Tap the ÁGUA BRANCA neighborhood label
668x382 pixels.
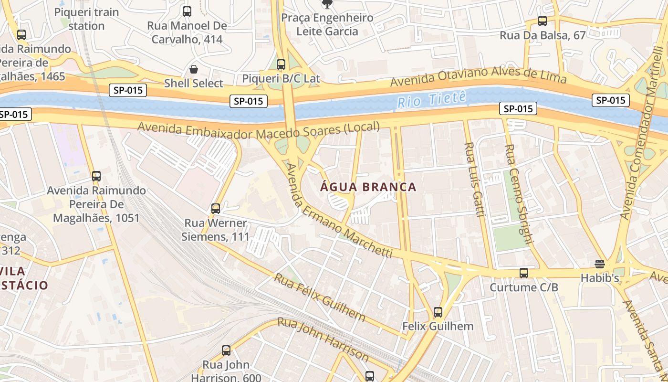(368, 187)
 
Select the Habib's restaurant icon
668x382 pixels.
(600, 264)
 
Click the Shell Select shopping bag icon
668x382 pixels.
(194, 69)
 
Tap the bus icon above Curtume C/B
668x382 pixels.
(524, 273)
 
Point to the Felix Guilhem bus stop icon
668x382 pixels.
(438, 312)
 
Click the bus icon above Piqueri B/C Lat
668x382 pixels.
(281, 64)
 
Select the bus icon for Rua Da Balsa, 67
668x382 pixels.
(543, 21)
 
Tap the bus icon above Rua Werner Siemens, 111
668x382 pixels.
(216, 209)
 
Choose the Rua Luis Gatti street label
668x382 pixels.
(475, 179)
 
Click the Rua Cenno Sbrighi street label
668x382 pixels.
(519, 193)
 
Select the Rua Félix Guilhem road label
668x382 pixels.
(319, 297)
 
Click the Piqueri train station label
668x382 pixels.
(86, 19)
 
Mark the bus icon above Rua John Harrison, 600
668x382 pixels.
(226, 350)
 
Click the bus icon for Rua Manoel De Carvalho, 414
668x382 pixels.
(187, 11)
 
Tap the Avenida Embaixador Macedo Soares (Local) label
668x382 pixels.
(259, 130)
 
